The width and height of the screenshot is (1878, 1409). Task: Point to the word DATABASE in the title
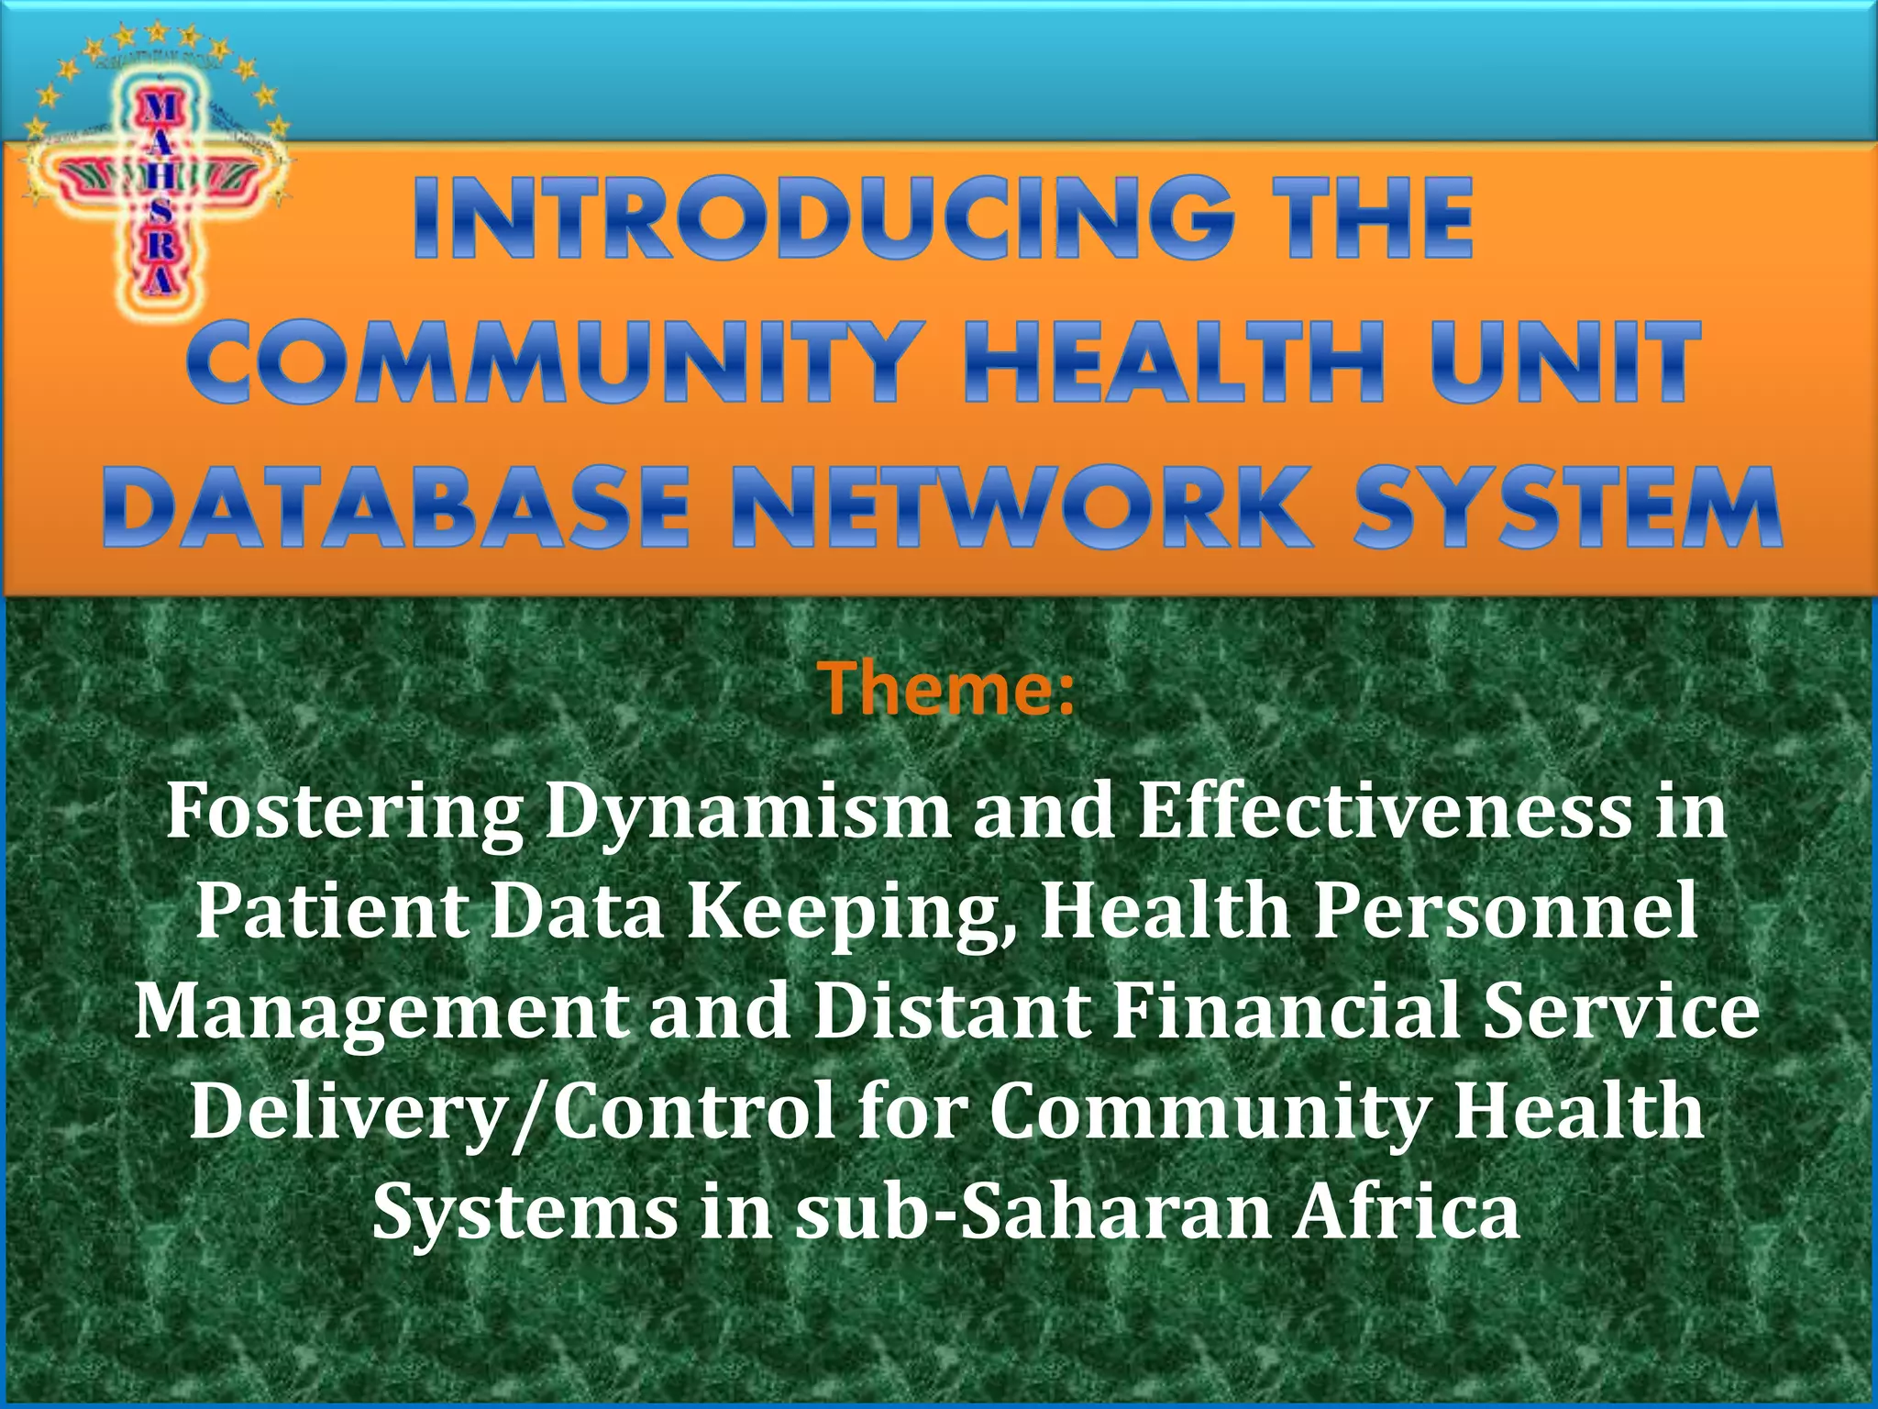pos(395,506)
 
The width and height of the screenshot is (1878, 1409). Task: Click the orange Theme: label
pos(945,688)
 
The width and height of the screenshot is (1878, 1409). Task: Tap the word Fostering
pos(344,813)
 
